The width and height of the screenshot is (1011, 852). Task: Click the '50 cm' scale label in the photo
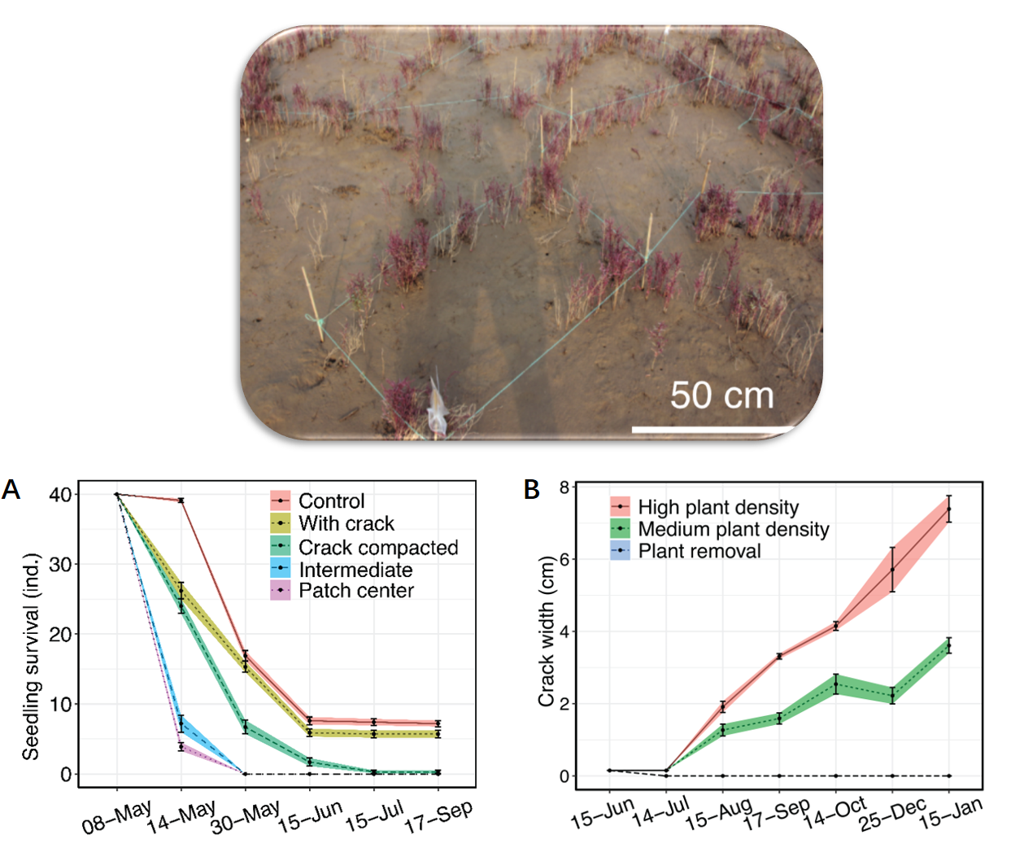click(x=721, y=395)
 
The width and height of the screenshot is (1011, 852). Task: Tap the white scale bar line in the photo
click(x=712, y=428)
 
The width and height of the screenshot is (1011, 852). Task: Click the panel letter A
click(x=11, y=490)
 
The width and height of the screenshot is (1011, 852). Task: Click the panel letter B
click(x=532, y=490)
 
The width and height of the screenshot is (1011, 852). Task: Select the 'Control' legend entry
click(x=331, y=500)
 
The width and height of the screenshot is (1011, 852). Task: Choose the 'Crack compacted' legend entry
click(x=377, y=547)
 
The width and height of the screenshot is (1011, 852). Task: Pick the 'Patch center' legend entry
click(x=355, y=591)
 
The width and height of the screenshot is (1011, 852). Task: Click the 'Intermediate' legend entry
click(x=355, y=570)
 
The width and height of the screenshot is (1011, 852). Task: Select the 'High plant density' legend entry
click(x=717, y=507)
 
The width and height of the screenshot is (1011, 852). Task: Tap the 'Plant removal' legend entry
click(x=699, y=551)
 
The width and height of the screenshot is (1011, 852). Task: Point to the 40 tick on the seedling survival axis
click(x=60, y=495)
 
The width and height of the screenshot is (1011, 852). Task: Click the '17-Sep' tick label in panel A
click(x=439, y=816)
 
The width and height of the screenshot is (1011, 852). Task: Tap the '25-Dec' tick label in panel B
click(x=893, y=815)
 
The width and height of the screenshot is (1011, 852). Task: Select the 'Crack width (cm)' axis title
click(x=546, y=631)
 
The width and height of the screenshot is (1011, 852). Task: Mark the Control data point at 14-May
click(x=181, y=500)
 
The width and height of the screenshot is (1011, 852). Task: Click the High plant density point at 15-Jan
click(x=948, y=509)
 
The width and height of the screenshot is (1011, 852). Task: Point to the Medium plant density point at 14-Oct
click(x=835, y=684)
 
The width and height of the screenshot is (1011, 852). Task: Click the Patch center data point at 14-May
click(x=181, y=746)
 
